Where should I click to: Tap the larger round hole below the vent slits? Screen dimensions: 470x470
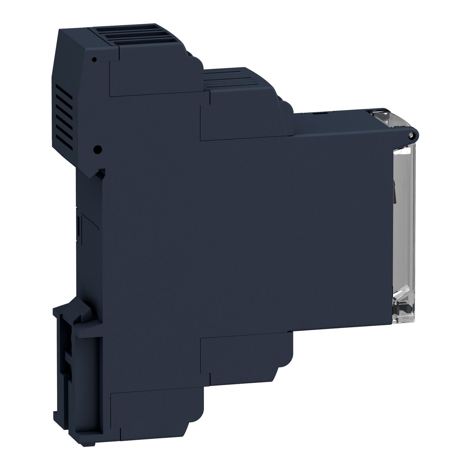(x=98, y=149)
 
